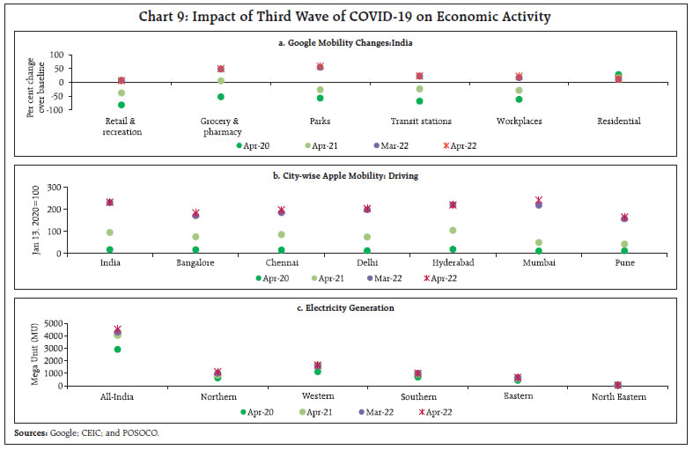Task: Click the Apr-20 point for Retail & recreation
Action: tap(122, 105)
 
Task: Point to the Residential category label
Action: tap(618, 122)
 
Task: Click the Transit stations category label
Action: tap(420, 122)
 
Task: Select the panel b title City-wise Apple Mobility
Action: tap(346, 176)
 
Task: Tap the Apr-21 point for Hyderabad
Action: tap(453, 231)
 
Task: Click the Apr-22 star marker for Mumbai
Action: tap(539, 201)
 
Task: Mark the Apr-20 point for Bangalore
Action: tap(195, 250)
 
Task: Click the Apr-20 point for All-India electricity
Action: tap(117, 350)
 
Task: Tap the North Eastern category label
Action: tap(618, 397)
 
